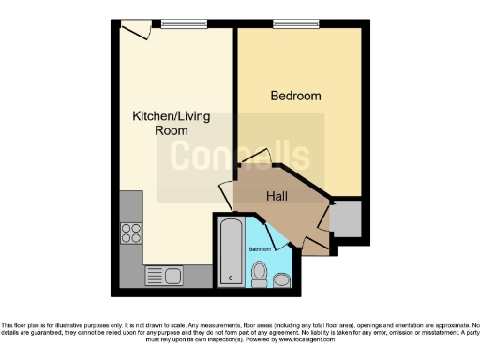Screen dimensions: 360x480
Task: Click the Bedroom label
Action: coord(295,96)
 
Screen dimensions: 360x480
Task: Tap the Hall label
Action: coord(277,197)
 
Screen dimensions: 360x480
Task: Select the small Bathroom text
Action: coord(260,249)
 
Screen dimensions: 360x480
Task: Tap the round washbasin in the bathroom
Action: coord(260,274)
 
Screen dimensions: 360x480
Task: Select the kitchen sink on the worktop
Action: coord(166,276)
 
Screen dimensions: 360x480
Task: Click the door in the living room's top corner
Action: coord(137,31)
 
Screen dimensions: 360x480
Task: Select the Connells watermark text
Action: coord(239,155)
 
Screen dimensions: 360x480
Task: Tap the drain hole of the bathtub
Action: coord(230,278)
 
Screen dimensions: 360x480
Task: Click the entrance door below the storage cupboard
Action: coord(316,247)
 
